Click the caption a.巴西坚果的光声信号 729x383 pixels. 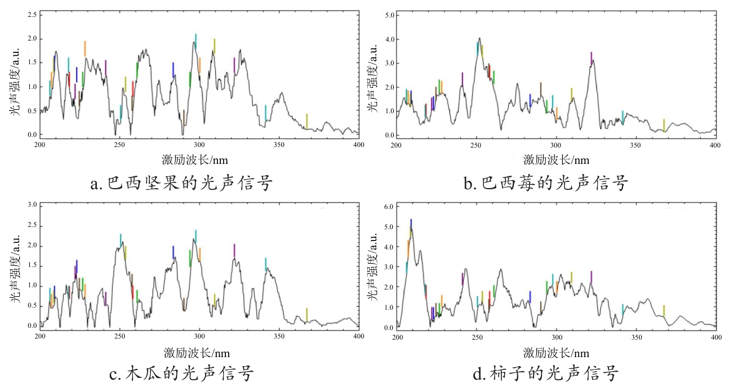click(x=181, y=182)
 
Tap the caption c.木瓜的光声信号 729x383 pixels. click(x=181, y=373)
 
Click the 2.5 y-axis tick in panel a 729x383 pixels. click(x=30, y=14)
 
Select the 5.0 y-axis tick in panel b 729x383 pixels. click(x=387, y=15)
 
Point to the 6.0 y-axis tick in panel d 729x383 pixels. click(x=387, y=206)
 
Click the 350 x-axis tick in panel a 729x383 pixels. click(x=279, y=145)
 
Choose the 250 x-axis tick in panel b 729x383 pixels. click(x=477, y=145)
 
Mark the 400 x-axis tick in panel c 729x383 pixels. click(x=359, y=336)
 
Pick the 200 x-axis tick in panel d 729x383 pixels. click(x=397, y=337)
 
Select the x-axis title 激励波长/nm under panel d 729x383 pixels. click(x=556, y=353)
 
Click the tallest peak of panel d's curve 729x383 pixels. click(x=411, y=228)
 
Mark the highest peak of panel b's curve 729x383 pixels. click(x=479, y=38)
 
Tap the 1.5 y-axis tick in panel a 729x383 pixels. click(x=30, y=63)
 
